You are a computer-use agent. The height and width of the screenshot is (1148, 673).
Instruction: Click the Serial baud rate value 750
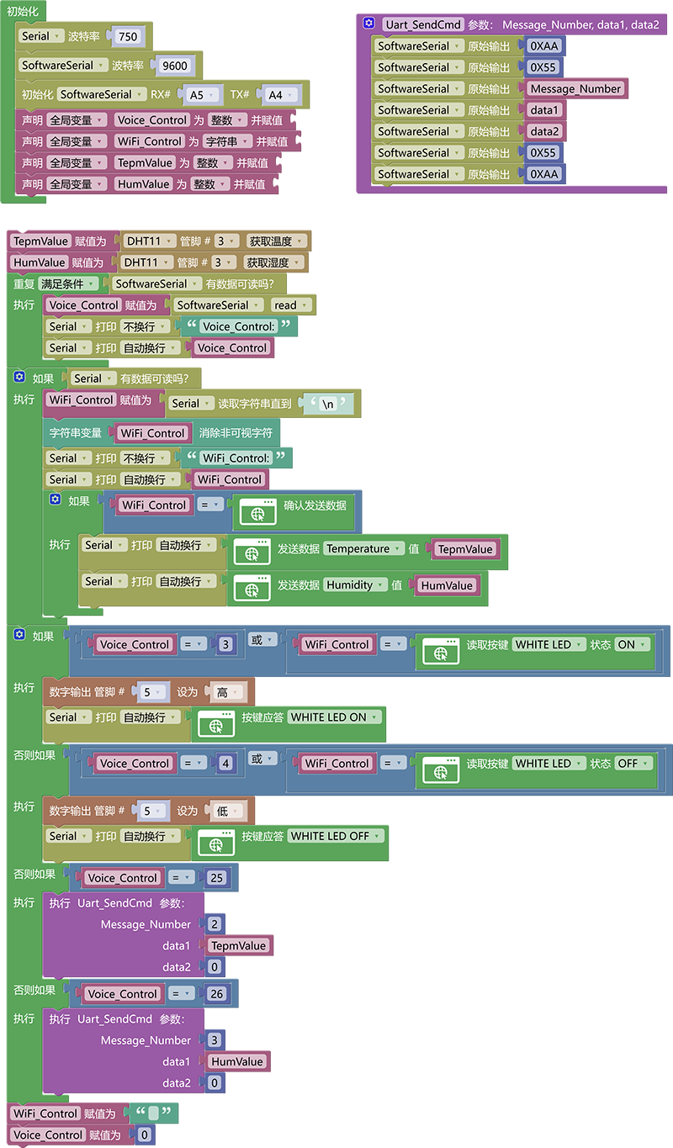point(128,36)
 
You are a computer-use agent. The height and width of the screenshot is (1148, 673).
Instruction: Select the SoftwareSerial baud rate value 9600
point(174,66)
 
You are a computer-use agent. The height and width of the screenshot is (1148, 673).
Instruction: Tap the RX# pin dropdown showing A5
point(202,95)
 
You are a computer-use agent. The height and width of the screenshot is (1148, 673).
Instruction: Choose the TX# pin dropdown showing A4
point(281,95)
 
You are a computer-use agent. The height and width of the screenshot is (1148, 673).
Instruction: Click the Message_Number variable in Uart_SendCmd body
point(575,88)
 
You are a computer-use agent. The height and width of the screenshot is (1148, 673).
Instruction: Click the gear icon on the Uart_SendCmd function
point(368,23)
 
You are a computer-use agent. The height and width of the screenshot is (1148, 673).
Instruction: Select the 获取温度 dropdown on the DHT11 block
point(276,241)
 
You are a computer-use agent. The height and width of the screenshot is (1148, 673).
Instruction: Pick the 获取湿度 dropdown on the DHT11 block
point(273,262)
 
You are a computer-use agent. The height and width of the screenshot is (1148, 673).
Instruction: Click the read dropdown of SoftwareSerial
point(290,305)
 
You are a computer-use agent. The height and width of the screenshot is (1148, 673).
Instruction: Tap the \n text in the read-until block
point(328,404)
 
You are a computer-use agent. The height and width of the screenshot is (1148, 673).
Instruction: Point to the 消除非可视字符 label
point(236,433)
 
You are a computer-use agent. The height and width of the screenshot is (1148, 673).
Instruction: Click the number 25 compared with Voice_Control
point(216,878)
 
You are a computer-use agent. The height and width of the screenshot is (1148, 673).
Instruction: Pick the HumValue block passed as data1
point(236,1061)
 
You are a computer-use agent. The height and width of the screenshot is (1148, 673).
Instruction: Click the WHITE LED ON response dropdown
point(335,717)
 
